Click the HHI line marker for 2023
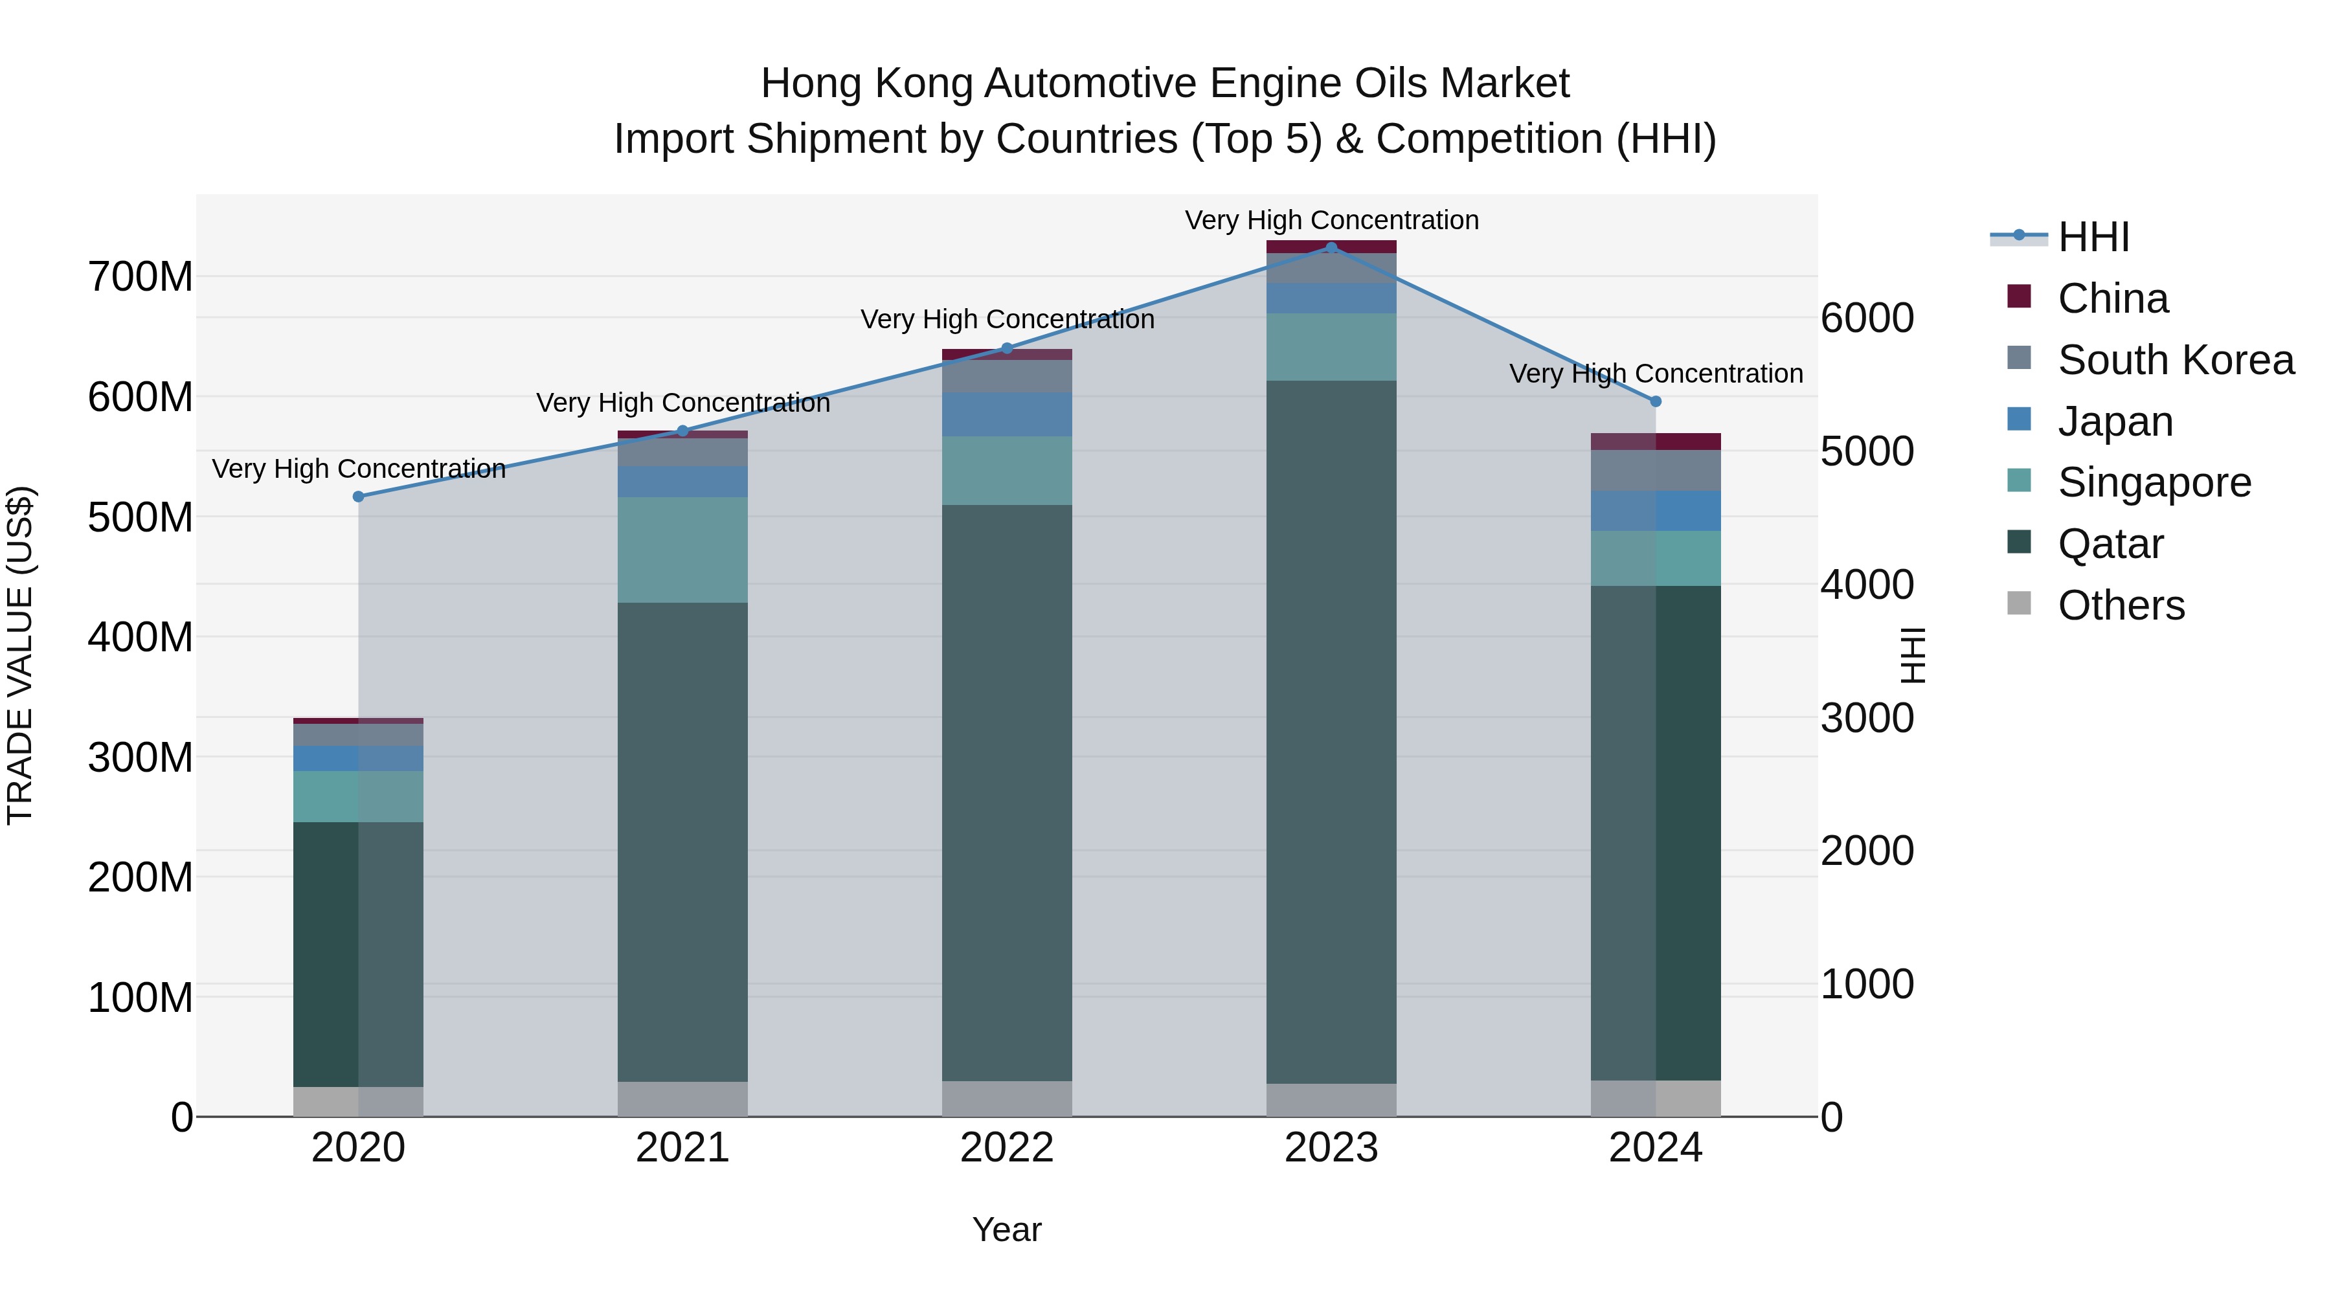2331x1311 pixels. [x=1331, y=248]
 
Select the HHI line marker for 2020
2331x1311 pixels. [x=358, y=497]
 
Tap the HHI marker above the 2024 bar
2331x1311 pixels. [x=1656, y=401]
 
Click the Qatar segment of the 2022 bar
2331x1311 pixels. [x=1007, y=792]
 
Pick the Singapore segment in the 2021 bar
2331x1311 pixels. [x=683, y=549]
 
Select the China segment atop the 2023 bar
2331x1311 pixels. [x=1331, y=246]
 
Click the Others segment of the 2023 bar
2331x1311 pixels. [x=1331, y=1099]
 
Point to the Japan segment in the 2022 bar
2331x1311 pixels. [x=1007, y=414]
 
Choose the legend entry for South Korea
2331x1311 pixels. [x=2176, y=360]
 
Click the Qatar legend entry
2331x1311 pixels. [x=2110, y=544]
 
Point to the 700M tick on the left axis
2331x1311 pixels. [x=141, y=277]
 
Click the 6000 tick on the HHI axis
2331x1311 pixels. [x=1867, y=319]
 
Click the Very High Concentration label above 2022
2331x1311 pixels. [x=1007, y=319]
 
